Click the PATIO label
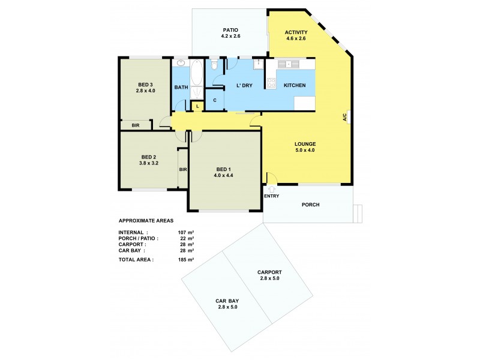click(230, 29)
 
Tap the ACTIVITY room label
click(296, 32)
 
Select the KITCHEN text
click(295, 85)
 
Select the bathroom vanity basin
click(181, 63)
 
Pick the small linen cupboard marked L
click(197, 106)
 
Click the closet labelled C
click(214, 100)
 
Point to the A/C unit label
click(346, 117)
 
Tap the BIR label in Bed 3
click(136, 125)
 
